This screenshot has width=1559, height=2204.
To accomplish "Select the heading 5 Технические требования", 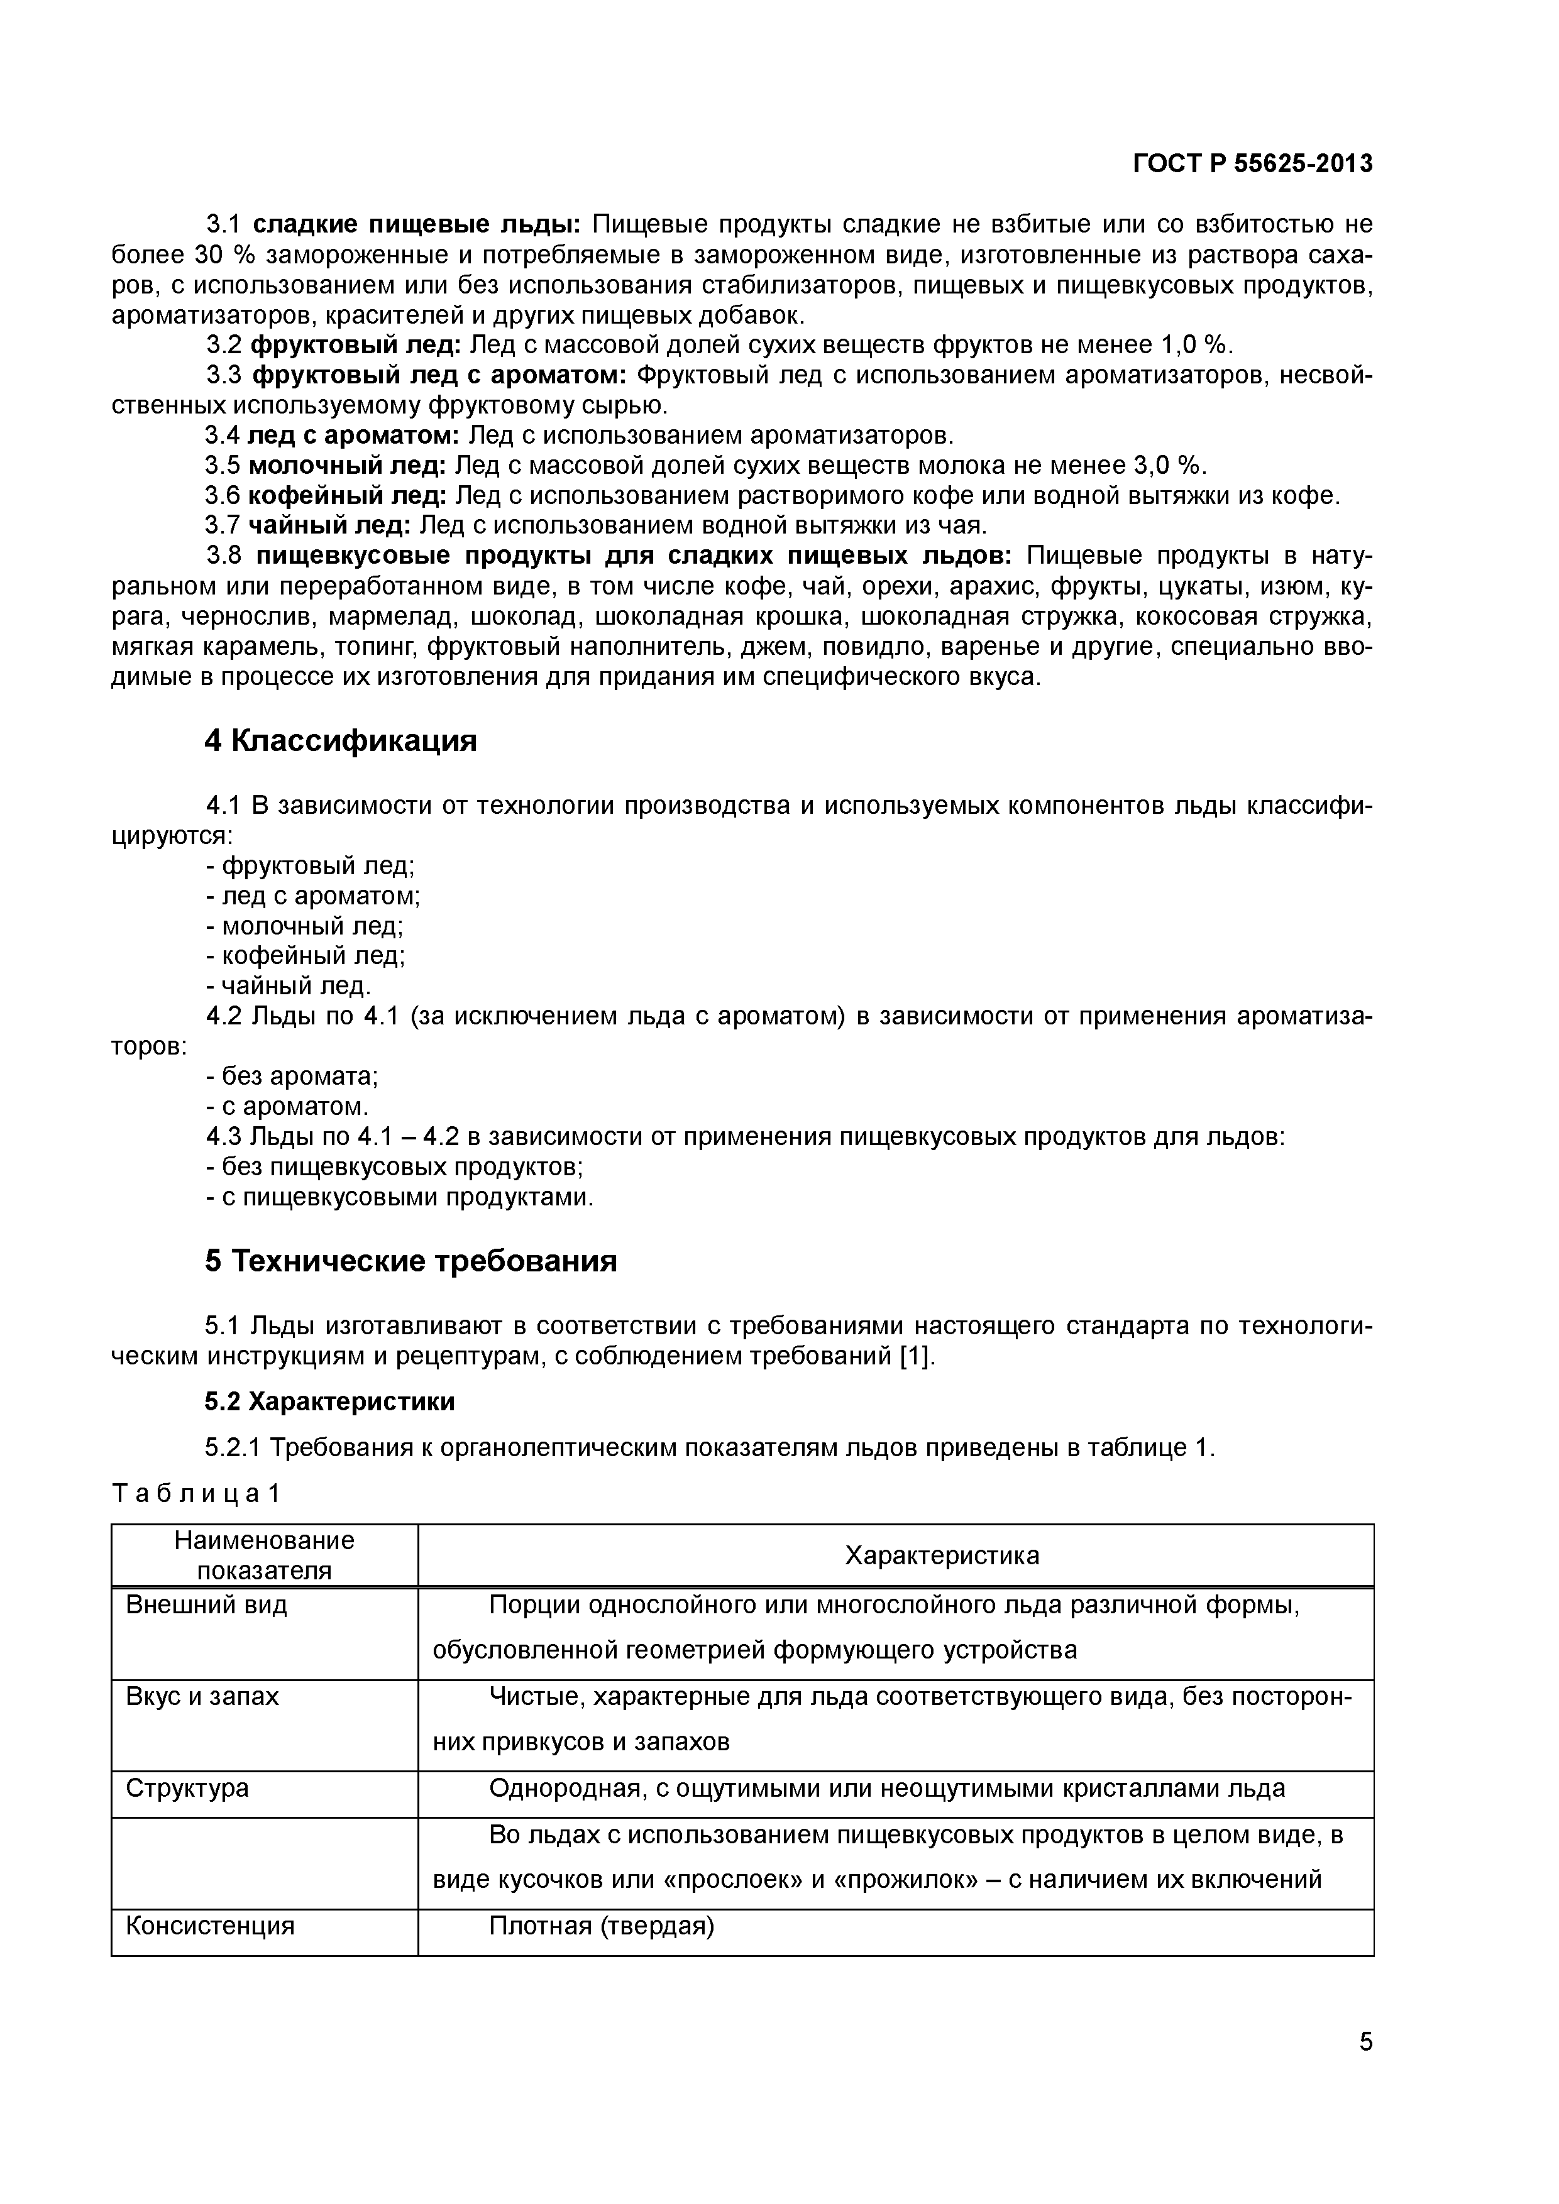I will coord(411,1261).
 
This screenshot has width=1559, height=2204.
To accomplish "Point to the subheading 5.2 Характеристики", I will coord(329,1401).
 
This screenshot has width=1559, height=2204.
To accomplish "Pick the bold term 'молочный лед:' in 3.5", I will coord(346,466).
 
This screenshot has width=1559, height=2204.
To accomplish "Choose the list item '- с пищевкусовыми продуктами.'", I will coord(399,1197).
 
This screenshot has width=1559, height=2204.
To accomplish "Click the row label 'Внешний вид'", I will coord(206,1605).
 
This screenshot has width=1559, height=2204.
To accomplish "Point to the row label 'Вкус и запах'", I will coord(202,1696).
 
